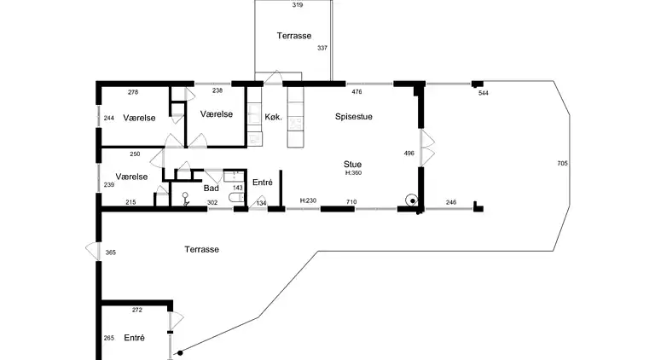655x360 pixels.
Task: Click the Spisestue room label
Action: (353, 117)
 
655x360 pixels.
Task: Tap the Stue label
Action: (352, 164)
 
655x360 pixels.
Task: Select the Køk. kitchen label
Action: (273, 117)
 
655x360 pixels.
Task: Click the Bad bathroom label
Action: (211, 189)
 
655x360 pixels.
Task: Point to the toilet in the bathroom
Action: (236, 197)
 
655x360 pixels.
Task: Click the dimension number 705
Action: (562, 163)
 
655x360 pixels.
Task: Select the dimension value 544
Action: (484, 93)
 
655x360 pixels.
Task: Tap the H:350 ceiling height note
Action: (353, 172)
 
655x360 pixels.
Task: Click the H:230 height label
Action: (308, 200)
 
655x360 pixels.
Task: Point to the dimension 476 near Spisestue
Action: (356, 92)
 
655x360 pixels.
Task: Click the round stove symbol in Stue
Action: (412, 200)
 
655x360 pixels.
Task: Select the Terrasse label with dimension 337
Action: (293, 36)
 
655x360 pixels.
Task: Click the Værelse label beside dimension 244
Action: (139, 118)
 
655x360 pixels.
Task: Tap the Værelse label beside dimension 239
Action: (131, 177)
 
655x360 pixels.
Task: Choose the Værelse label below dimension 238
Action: (217, 114)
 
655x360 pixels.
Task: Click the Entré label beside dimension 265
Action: (134, 338)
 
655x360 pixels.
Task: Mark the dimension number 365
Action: (110, 253)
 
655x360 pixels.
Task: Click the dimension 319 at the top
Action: (298, 5)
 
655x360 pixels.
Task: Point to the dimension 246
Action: (451, 202)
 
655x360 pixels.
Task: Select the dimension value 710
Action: (351, 201)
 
